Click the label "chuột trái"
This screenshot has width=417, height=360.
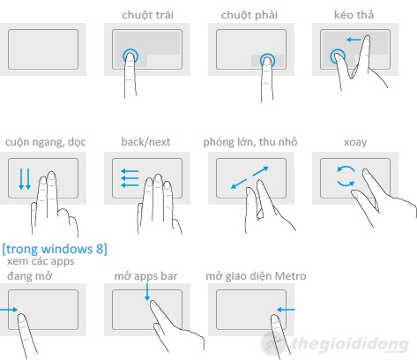click(147, 15)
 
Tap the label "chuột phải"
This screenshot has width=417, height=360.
click(249, 15)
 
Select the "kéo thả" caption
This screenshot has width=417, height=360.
click(354, 15)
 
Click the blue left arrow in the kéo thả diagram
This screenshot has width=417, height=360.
click(353, 40)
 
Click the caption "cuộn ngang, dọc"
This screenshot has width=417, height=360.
click(46, 142)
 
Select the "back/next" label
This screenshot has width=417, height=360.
click(145, 142)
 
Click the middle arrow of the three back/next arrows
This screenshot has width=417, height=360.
click(130, 177)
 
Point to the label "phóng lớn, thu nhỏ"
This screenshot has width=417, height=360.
click(250, 142)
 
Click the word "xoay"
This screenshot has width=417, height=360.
click(355, 142)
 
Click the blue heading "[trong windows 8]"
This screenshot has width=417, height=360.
click(55, 249)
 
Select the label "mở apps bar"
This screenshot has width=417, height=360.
click(145, 276)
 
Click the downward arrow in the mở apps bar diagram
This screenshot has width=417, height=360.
click(147, 292)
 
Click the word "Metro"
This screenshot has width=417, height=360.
click(290, 276)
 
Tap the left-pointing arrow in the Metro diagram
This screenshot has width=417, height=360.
click(286, 310)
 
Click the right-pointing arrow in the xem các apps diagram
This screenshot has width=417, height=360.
click(9, 310)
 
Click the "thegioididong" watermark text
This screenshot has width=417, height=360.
click(351, 343)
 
